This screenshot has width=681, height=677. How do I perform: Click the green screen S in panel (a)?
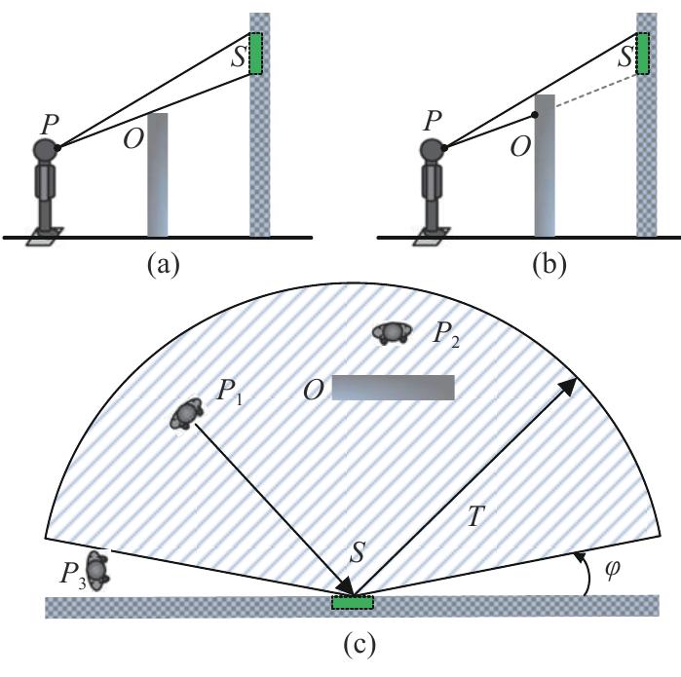(x=255, y=54)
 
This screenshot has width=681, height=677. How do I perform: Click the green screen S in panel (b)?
(x=642, y=54)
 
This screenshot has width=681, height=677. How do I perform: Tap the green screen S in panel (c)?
(x=352, y=603)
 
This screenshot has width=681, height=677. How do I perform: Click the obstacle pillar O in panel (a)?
(x=157, y=174)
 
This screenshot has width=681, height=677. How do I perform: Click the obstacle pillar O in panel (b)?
(x=544, y=165)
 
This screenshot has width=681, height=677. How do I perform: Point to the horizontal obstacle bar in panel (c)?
(x=393, y=388)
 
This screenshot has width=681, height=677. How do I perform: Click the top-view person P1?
(x=185, y=414)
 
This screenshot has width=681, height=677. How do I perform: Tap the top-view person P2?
(x=392, y=333)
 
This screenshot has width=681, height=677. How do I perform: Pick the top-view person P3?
(x=95, y=568)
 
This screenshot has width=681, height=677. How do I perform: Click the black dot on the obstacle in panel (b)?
(x=535, y=114)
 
